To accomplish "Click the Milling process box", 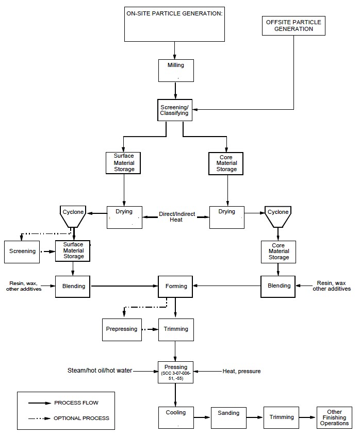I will coord(176,70).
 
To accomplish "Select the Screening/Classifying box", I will coord(175,110).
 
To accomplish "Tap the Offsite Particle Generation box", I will coord(293,26).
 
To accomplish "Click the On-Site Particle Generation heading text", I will coord(175,13).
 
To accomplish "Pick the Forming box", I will coord(176,286).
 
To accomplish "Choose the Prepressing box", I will coord(122,329).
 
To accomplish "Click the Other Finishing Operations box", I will coord(334,417).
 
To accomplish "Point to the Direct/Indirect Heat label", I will coord(175,216).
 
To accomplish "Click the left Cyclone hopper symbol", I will coord(73,217).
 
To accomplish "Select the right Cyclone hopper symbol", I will coord(279,217).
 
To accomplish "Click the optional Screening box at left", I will coord(22,251).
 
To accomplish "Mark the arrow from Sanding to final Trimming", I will coord(255,417).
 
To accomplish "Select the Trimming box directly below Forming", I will coord(176,329).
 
